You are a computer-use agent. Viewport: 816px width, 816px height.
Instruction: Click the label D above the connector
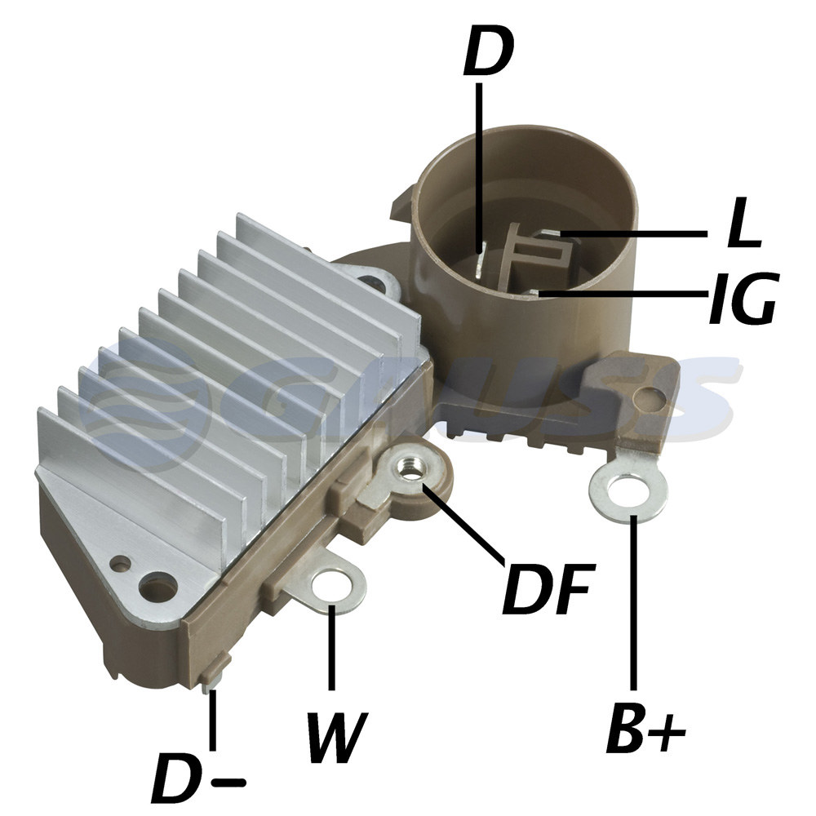click(488, 50)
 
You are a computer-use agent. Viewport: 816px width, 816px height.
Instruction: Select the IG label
click(743, 297)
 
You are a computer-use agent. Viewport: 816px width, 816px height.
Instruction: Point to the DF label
click(548, 588)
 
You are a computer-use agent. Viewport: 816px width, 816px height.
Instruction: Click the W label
click(337, 736)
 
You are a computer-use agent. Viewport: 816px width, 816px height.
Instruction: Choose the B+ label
click(645, 727)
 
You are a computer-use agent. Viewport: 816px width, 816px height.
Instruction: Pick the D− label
click(197, 777)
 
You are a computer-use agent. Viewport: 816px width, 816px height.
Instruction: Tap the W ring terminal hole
click(331, 588)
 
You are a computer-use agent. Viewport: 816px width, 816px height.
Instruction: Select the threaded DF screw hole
click(410, 469)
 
